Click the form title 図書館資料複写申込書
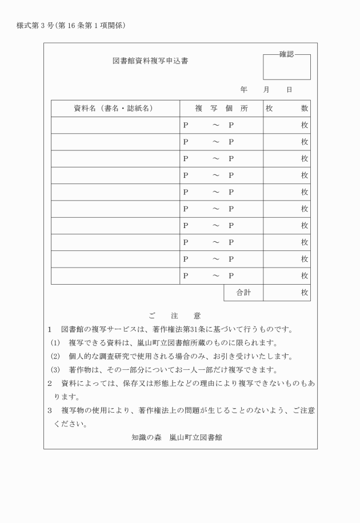click(x=150, y=61)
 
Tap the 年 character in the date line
click(x=244, y=90)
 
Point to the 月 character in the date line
click(x=266, y=90)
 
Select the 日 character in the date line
click(x=289, y=90)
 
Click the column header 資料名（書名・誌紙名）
click(x=114, y=109)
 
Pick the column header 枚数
click(x=286, y=109)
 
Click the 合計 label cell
click(x=243, y=293)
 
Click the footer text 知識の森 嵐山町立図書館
click(x=177, y=437)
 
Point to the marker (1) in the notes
click(x=55, y=343)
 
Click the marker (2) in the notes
click(x=55, y=357)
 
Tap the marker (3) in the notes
click(x=55, y=370)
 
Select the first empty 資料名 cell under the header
click(x=115, y=125)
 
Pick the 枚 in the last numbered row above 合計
click(x=305, y=276)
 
